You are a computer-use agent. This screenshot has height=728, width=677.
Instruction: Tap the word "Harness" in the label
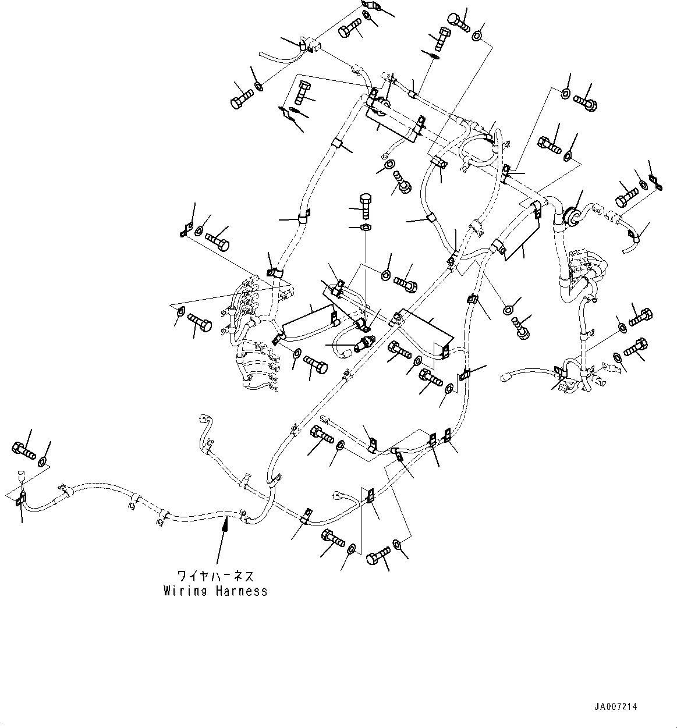tap(240, 591)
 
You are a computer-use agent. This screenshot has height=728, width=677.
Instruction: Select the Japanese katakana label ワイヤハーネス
tap(215, 577)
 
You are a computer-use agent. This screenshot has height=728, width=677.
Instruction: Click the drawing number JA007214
tap(616, 706)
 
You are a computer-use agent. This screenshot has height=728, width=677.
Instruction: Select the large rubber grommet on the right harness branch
tap(572, 215)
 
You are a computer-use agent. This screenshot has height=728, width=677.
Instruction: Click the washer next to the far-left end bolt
tap(42, 461)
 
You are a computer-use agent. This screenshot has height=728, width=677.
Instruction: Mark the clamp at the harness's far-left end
tap(20, 498)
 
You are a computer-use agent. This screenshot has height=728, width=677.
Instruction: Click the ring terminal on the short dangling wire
tap(385, 155)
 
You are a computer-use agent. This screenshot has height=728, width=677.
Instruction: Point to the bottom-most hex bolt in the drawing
tap(375, 559)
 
